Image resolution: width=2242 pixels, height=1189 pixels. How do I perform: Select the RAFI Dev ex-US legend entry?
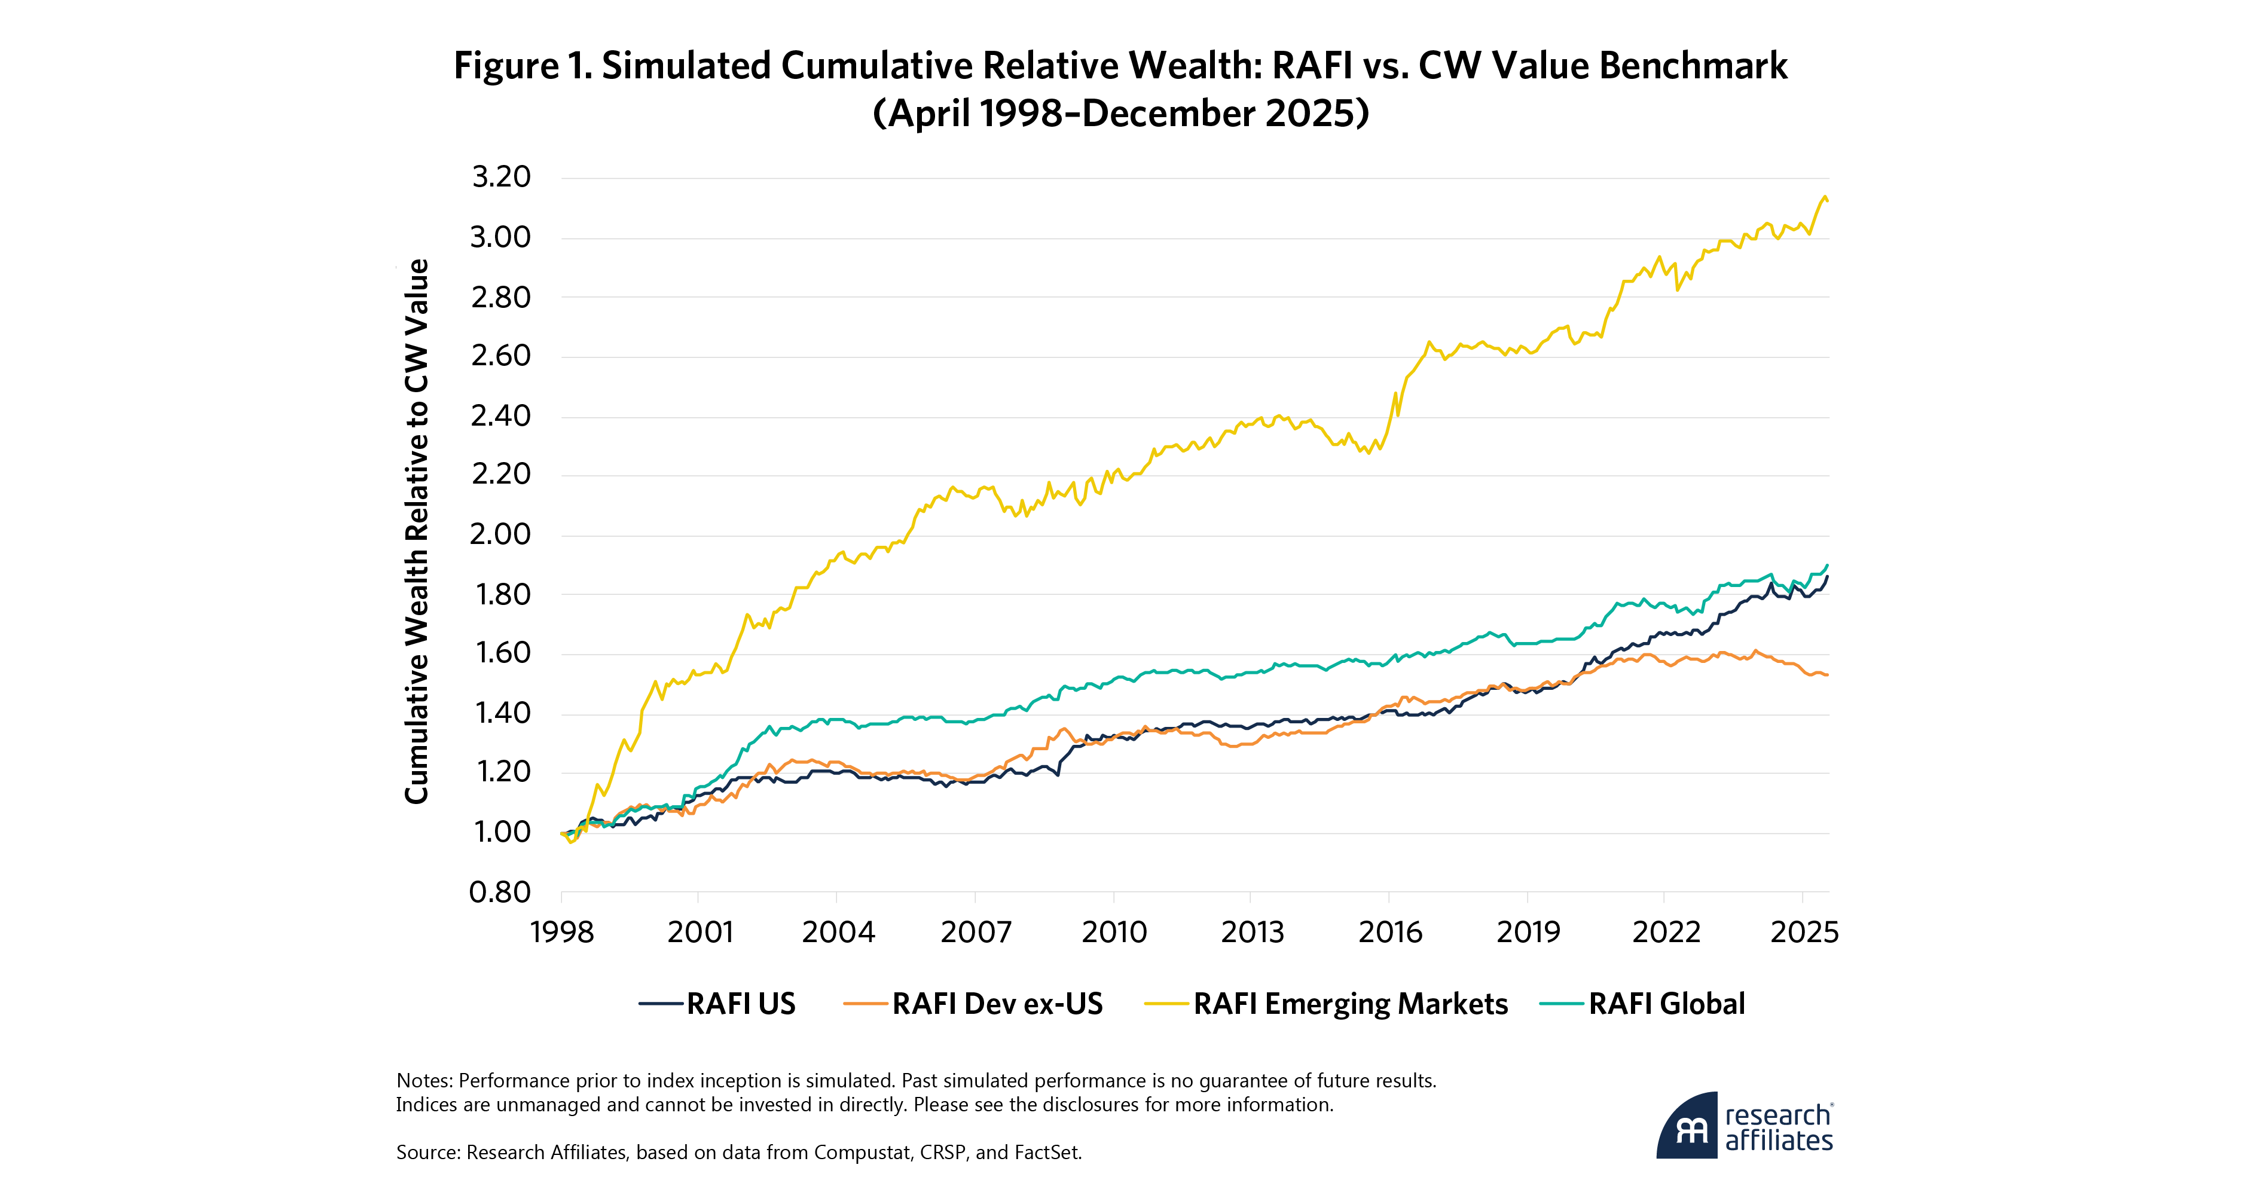tap(997, 1004)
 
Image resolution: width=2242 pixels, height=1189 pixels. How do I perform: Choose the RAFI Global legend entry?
tap(1666, 1004)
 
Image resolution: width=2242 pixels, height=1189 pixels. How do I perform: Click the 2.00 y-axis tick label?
tap(500, 534)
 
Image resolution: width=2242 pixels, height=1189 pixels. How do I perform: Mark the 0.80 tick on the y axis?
tap(500, 892)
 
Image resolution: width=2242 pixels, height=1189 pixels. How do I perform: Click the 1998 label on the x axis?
tap(561, 932)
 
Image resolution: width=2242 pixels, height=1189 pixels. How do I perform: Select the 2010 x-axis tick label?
tap(1114, 932)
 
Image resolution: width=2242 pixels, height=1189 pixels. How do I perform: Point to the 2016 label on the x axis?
tap(1390, 932)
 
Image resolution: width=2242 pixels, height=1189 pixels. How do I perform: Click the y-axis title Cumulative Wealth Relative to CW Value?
tap(417, 531)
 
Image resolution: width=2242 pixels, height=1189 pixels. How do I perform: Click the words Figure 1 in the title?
tap(523, 66)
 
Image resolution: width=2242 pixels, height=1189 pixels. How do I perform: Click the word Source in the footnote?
tap(427, 1153)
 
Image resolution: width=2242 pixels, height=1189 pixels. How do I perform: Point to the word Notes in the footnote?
tap(424, 1081)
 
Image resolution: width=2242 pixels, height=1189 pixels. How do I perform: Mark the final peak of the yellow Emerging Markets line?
tap(1824, 197)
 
